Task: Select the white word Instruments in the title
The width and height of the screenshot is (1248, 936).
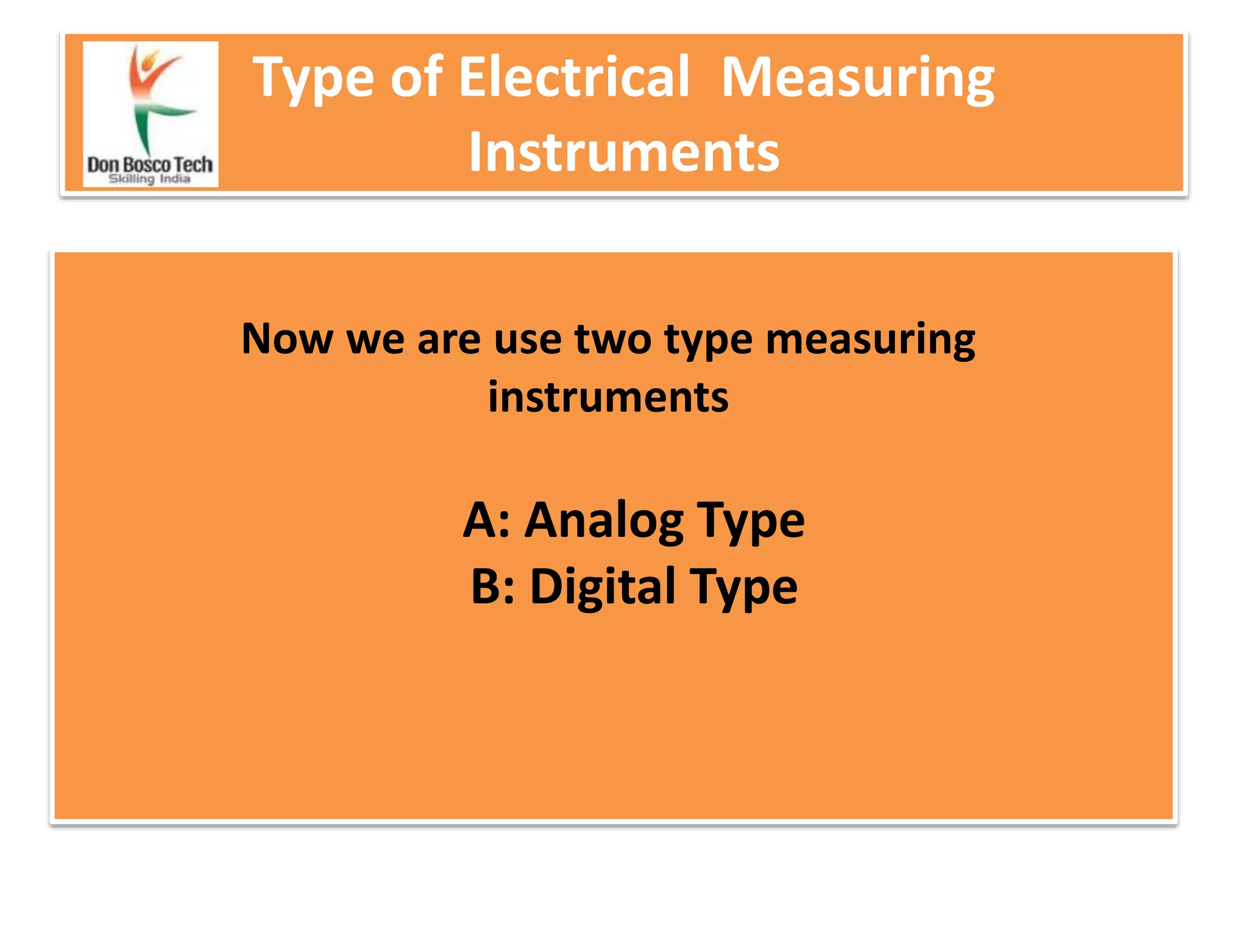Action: tap(623, 152)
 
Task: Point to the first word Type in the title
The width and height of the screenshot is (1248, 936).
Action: tap(313, 79)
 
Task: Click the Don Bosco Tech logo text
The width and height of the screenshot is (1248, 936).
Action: tap(150, 165)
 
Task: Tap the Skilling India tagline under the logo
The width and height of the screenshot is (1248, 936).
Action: tap(149, 179)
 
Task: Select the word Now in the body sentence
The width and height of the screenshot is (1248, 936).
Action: tap(286, 339)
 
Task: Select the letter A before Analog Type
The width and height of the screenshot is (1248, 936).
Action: tap(480, 520)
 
